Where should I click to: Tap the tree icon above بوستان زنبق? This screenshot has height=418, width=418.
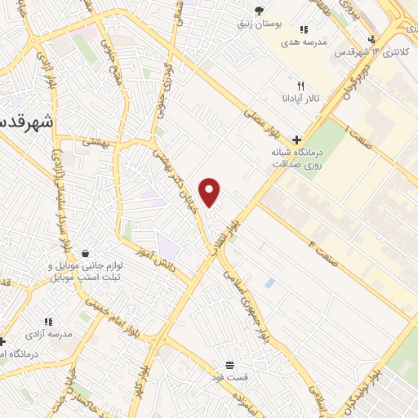(259, 11)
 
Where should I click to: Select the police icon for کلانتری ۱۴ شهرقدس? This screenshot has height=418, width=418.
(372, 38)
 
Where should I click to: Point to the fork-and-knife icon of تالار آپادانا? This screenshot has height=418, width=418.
(300, 86)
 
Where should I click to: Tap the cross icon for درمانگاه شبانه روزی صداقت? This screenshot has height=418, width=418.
(296, 140)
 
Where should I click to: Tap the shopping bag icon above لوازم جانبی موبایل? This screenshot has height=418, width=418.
(85, 254)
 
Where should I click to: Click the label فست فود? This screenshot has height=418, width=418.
(229, 376)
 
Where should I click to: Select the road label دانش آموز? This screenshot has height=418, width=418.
(150, 252)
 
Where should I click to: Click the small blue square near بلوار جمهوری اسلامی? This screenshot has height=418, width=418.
(269, 282)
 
